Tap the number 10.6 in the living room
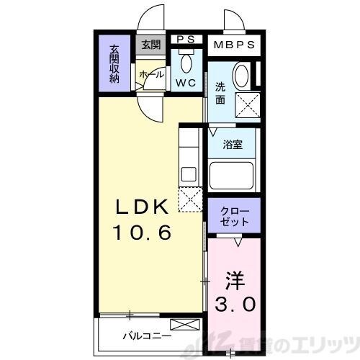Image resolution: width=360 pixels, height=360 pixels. (141, 233)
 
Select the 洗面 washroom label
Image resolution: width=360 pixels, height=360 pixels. (220, 94)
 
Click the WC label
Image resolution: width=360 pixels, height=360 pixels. (186, 82)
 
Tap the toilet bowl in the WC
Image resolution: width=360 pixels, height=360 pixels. (186, 64)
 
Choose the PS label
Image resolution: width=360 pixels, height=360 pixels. (186, 41)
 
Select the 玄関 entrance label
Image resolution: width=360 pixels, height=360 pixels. (151, 45)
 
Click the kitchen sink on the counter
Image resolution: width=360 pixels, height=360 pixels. (189, 174)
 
